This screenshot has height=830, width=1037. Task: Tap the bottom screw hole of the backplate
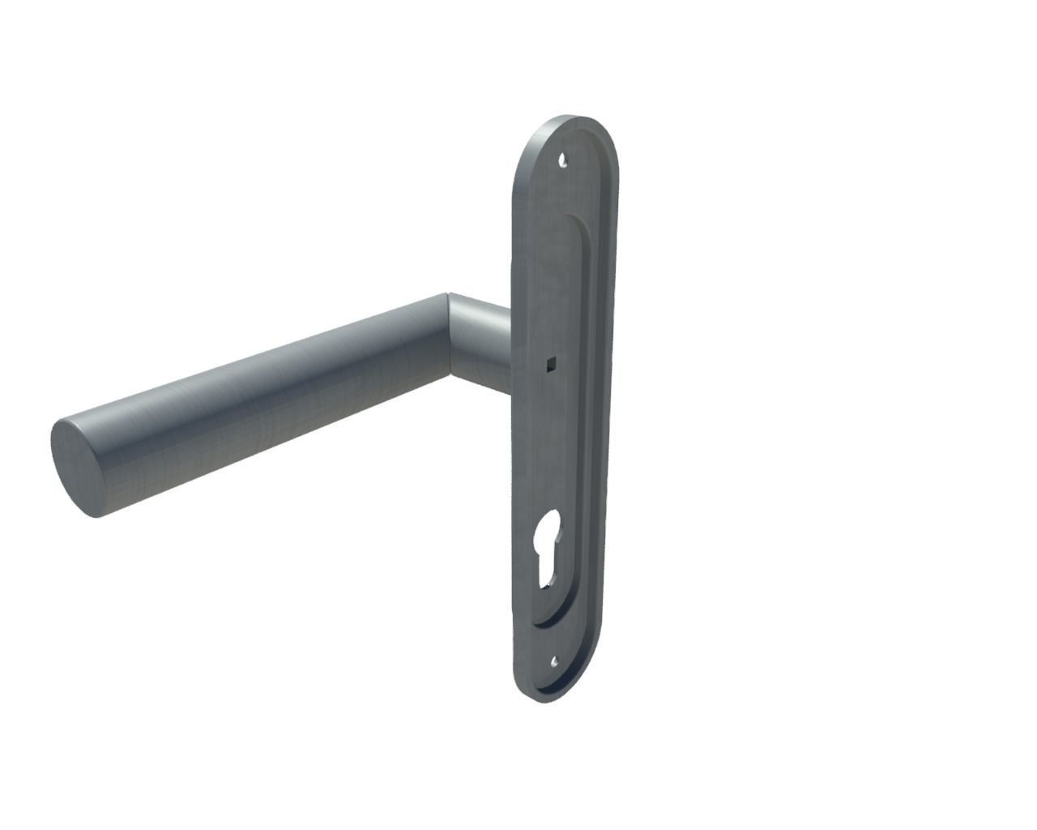click(554, 662)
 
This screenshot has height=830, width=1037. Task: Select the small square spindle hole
click(550, 363)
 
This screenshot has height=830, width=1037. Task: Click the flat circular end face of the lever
click(77, 468)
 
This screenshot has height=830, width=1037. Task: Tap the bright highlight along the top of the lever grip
click(267, 365)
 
